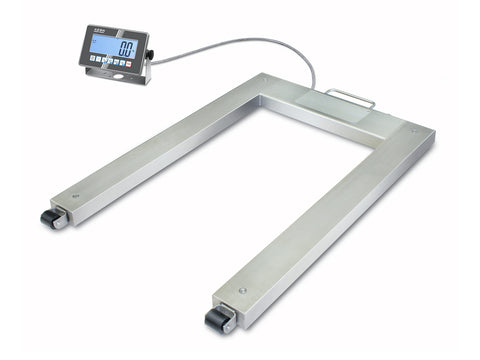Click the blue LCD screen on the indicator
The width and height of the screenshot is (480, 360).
tap(110, 46)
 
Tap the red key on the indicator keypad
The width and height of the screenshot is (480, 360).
tap(129, 65)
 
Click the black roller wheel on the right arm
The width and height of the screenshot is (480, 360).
tap(218, 319)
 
